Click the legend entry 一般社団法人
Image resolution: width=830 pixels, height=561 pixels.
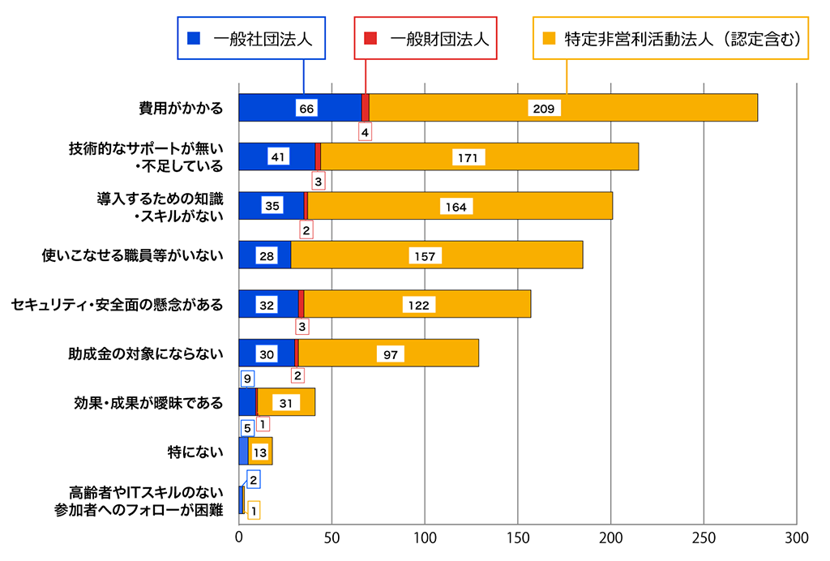pos(251,37)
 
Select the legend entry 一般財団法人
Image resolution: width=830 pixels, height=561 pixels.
pos(426,37)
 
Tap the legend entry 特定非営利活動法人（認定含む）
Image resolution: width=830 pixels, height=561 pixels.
pos(672,37)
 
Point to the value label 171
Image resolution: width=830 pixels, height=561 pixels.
pos(466,157)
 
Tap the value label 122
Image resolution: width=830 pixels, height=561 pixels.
pos(419,305)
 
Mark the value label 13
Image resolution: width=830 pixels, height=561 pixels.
pos(260,452)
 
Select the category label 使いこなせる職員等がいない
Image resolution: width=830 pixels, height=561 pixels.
pos(132,255)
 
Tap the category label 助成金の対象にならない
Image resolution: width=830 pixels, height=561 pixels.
pos(145,353)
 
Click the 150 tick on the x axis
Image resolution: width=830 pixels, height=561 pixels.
pos(518,537)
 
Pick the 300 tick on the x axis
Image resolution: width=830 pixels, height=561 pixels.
pos(797,537)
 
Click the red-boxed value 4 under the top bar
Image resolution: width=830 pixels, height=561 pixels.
pos(365,131)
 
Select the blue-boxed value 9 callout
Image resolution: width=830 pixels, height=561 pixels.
pos(246,378)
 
